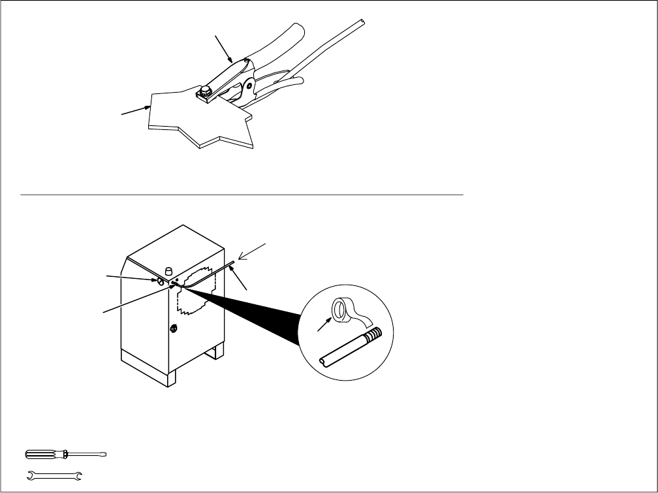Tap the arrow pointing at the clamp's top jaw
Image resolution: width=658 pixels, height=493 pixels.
223,48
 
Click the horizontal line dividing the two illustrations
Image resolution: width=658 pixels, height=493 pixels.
242,195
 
